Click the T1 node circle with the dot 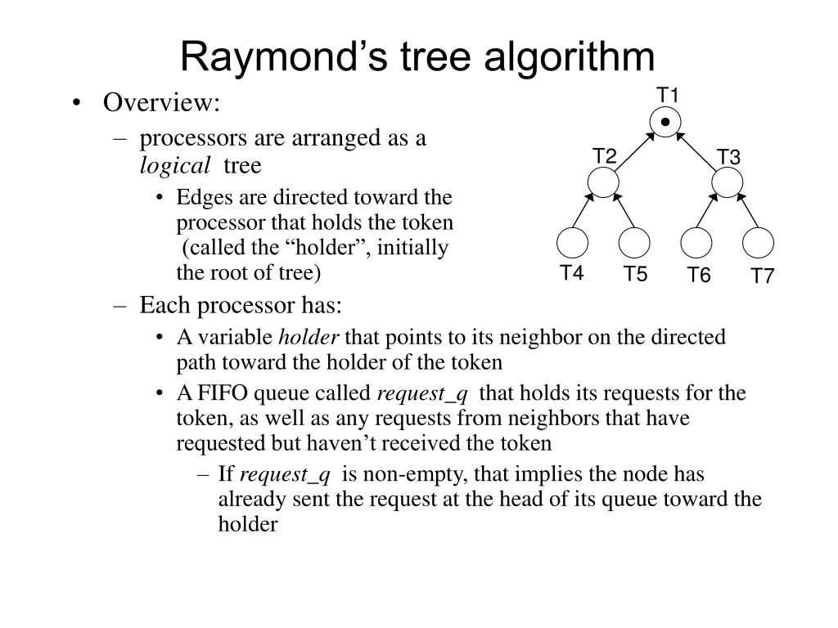click(x=666, y=123)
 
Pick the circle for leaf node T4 click(x=572, y=243)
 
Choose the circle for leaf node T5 click(x=634, y=243)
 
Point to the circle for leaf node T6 click(x=696, y=243)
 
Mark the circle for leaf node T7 click(x=759, y=243)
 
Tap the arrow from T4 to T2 click(x=583, y=212)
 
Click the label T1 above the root click(x=669, y=96)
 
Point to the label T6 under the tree click(x=699, y=276)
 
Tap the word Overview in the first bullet click(x=161, y=103)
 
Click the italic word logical click(x=174, y=166)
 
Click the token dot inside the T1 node click(x=666, y=123)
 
